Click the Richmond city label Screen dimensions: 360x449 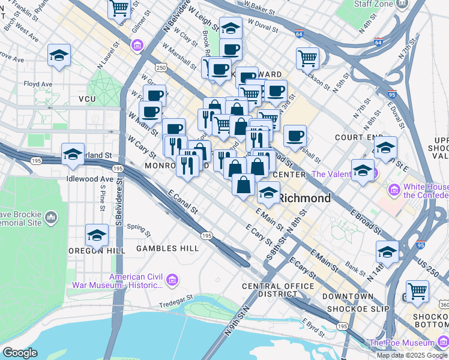[305, 198]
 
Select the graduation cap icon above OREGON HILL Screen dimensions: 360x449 [96, 236]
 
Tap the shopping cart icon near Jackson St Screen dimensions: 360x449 [307, 59]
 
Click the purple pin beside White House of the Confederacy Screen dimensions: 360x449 [394, 191]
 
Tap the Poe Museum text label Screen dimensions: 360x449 [407, 343]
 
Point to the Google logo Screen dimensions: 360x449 [20, 352]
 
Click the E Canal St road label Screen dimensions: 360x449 [182, 202]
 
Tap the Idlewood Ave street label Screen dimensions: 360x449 [90, 179]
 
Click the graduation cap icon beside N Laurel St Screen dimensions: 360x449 [59, 55]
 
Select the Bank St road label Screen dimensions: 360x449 [355, 270]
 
